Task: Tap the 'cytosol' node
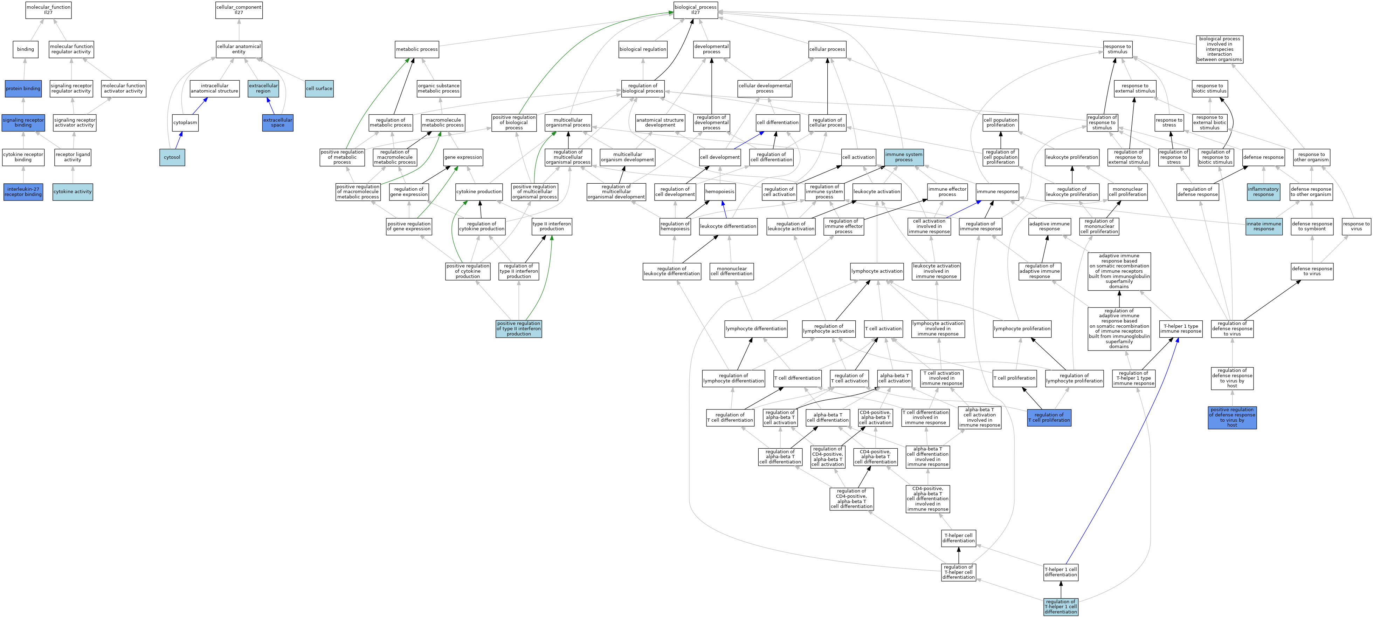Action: pos(172,157)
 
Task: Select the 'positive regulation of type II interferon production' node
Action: pos(519,328)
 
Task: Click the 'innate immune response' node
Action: pos(1264,226)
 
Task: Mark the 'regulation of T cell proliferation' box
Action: pos(1049,417)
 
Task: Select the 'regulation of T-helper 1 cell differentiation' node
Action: pos(1061,607)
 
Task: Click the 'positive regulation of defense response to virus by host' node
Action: pos(1232,417)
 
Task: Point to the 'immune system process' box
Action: pos(904,157)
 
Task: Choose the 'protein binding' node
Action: pos(23,89)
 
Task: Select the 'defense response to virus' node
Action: pos(1312,271)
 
